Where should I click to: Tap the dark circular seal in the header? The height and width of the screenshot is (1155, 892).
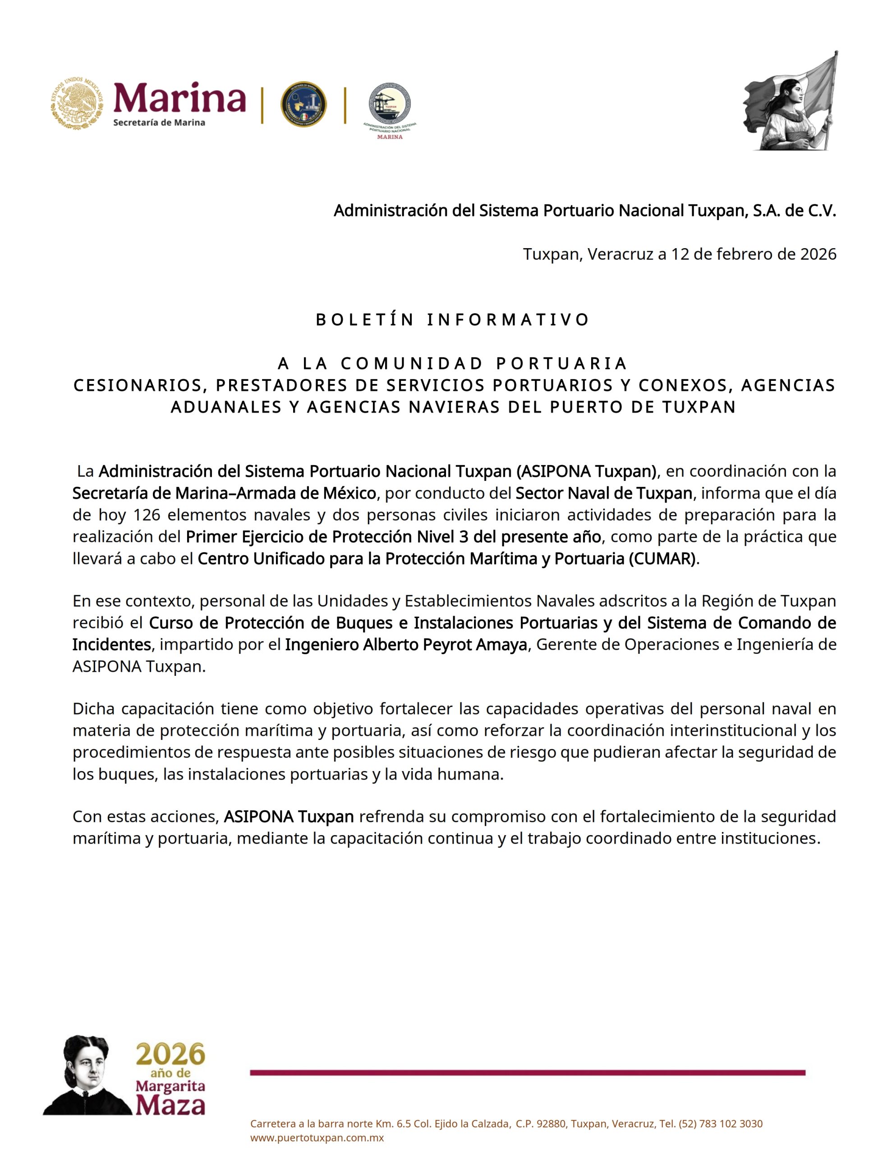[303, 104]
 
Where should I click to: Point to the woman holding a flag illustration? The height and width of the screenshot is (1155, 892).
[791, 102]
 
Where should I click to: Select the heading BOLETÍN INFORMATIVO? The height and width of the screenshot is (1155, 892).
[452, 319]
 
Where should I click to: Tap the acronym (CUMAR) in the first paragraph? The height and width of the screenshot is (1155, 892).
[662, 559]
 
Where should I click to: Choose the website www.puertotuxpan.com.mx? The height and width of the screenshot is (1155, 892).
[317, 1138]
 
